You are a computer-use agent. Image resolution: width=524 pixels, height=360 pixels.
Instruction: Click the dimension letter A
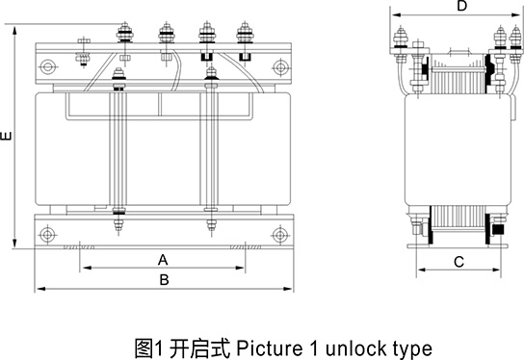(x=163, y=260)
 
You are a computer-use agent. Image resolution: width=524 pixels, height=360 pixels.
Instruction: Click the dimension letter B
(x=164, y=279)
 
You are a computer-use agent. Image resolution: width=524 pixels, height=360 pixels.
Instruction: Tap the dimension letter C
(x=458, y=262)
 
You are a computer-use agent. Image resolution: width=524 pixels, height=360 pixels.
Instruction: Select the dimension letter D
(x=461, y=6)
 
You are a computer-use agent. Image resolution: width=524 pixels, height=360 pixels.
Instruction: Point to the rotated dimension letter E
(x=6, y=136)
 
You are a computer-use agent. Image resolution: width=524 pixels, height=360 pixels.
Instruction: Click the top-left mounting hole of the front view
(x=47, y=66)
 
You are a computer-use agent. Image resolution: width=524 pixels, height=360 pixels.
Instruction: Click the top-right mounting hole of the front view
(x=280, y=67)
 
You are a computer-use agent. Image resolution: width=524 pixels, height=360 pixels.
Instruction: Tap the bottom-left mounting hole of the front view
(x=47, y=235)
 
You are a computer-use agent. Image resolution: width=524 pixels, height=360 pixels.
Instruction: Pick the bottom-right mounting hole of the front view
(x=280, y=235)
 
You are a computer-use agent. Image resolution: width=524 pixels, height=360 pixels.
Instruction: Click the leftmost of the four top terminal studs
(x=124, y=33)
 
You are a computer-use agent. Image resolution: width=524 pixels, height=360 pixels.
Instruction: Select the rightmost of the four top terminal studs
(x=245, y=33)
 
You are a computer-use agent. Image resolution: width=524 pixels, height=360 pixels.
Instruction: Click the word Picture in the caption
(x=270, y=348)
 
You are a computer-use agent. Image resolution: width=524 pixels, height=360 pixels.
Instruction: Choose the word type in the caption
(x=412, y=350)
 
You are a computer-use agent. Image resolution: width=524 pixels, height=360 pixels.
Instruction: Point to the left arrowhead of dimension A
(x=88, y=268)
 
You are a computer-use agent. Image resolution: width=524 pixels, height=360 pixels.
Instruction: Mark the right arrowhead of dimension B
(x=288, y=289)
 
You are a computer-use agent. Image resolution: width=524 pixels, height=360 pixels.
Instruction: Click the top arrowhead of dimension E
(x=14, y=31)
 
